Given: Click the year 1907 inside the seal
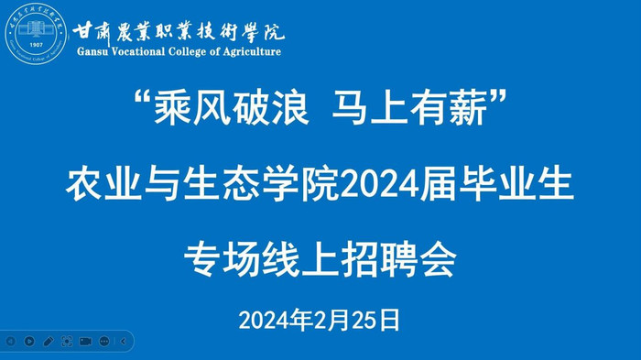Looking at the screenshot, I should coord(38,43).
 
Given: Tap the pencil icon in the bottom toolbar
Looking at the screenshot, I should coord(48,341).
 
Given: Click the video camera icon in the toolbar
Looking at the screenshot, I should coord(85,341).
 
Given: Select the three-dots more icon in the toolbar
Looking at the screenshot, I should coord(103,341).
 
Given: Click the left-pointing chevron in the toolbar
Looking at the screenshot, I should coord(123,341).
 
